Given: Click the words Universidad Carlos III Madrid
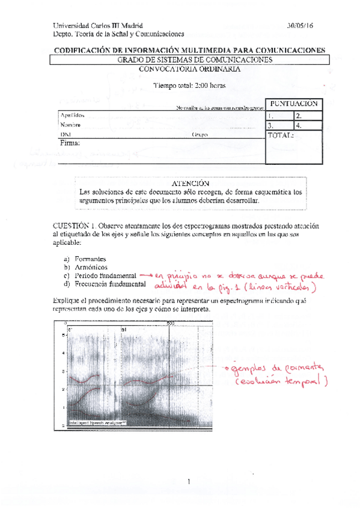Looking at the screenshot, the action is tap(98, 26).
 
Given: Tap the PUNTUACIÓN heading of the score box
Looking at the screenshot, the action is tap(293, 103).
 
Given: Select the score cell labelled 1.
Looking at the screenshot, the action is tap(279, 115).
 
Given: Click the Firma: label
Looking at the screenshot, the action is tap(70, 144).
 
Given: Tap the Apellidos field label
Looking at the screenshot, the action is tap(72, 114).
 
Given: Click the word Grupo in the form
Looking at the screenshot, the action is tap(200, 135).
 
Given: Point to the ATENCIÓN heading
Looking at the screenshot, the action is tap(190, 183).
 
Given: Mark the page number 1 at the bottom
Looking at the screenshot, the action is tap(188, 481).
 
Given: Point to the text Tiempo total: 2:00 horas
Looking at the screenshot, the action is tap(189, 85).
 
